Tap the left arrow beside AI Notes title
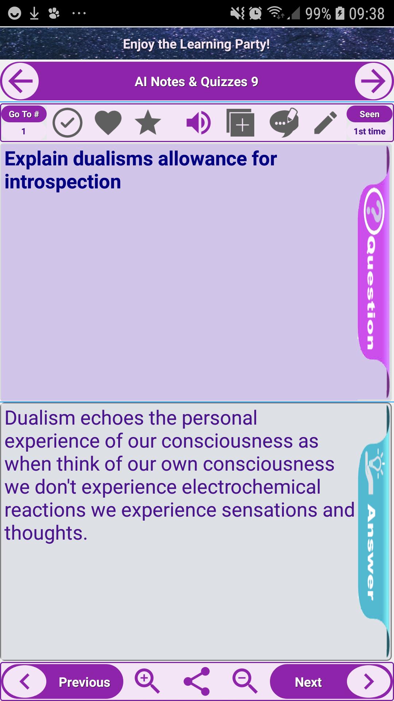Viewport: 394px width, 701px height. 20,81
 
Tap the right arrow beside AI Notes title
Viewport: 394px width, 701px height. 374,81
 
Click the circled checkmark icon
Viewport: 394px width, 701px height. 67,123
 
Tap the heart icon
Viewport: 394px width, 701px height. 108,123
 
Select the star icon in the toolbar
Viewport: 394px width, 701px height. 148,123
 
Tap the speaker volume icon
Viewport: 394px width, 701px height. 198,123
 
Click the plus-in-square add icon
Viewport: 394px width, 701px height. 240,123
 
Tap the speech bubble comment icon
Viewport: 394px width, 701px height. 284,122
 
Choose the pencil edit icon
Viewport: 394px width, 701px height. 325,123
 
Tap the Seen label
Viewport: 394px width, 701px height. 369,114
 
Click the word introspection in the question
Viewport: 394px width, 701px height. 63,182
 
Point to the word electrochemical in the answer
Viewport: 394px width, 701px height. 251,487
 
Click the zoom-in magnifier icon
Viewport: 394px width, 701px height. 147,681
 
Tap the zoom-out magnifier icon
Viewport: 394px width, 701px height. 245,681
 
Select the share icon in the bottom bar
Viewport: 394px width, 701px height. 197,681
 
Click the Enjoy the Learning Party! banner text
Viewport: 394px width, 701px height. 197,44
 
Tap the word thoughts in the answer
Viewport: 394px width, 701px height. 46,533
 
